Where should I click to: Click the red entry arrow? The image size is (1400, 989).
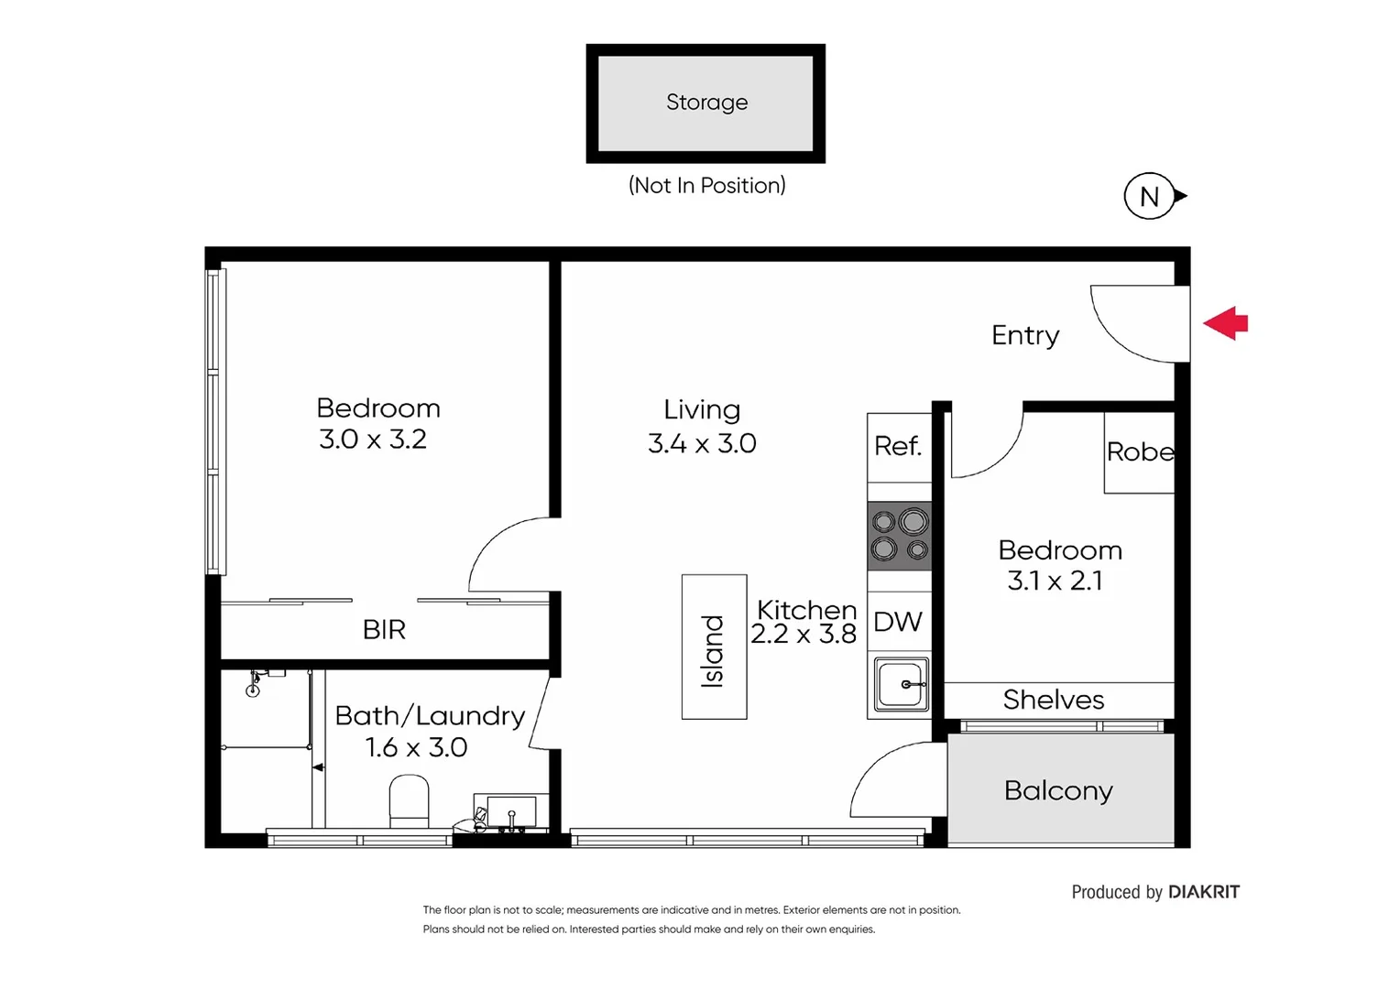coord(1226,323)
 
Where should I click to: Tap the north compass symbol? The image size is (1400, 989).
coord(1150,196)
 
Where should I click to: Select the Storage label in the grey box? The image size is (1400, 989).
coord(706,103)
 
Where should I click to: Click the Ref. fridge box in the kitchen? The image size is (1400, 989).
coord(899,447)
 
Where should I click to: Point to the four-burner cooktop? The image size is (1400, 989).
coord(899,536)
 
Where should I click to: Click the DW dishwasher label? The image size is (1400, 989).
coord(898,622)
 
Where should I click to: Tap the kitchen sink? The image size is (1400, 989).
coord(901,685)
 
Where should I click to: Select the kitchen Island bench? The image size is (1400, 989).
coord(714,647)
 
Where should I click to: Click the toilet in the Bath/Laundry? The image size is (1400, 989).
coord(409,800)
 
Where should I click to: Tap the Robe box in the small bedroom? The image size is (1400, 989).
coord(1139,452)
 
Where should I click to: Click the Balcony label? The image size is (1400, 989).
coord(1058,790)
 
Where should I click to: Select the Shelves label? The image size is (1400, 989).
coord(1054,700)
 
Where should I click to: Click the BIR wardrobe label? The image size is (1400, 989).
coord(384,630)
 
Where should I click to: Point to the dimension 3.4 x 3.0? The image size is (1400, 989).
coord(702,444)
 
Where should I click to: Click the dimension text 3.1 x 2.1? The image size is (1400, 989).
coord(1055,581)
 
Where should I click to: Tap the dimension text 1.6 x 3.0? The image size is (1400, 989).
coord(416,748)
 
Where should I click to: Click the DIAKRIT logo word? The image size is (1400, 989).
coord(1204,892)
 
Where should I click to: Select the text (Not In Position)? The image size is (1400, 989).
coord(706,186)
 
